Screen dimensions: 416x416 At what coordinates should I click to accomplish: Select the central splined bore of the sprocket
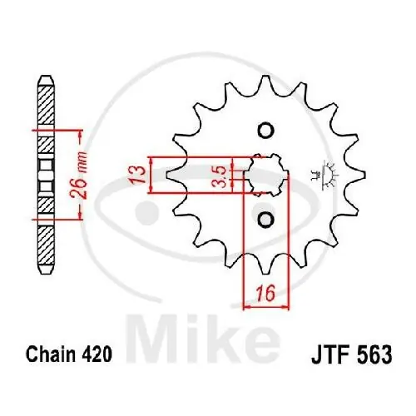[266, 175]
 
